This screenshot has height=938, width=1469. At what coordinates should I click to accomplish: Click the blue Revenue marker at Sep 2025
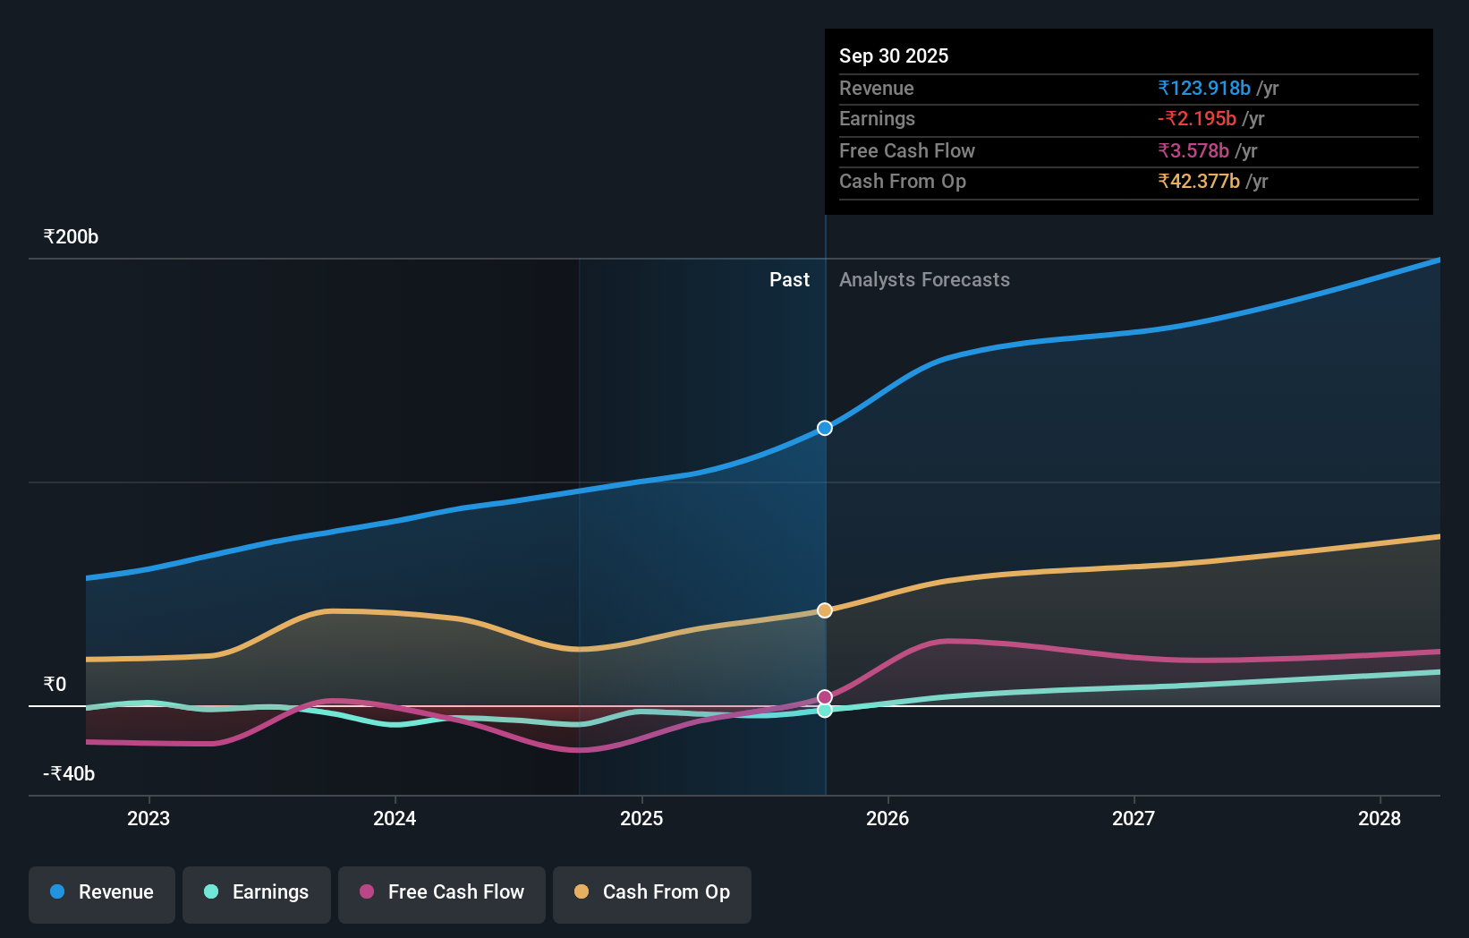point(825,428)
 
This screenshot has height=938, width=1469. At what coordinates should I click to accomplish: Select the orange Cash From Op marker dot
point(825,610)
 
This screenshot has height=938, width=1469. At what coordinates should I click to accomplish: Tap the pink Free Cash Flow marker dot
point(825,697)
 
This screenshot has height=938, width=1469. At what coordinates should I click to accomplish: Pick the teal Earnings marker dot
point(825,710)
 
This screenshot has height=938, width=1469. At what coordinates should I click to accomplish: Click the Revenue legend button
point(102,892)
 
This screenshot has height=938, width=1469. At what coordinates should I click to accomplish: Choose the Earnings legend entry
point(257,892)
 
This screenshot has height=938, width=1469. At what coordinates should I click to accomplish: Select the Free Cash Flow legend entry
point(442,892)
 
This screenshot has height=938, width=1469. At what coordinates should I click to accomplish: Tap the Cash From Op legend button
point(652,892)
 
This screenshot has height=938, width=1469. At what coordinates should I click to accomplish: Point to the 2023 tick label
point(149,818)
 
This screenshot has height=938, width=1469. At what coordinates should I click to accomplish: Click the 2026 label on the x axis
point(887,818)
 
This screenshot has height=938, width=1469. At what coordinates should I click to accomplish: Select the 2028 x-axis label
point(1380,818)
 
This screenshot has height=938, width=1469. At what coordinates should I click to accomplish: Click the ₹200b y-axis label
point(71,237)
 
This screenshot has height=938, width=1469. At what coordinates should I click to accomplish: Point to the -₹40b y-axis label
point(69,773)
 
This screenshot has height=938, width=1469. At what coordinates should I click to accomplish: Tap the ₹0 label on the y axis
point(55,685)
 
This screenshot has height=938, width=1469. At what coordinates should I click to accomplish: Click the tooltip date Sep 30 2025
point(894,55)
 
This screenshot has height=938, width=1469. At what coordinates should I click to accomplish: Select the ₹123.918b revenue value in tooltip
point(1204,88)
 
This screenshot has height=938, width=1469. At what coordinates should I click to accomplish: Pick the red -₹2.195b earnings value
point(1197,119)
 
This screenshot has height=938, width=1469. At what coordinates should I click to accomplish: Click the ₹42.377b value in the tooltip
point(1199,182)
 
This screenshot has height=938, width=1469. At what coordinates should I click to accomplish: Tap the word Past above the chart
point(789,280)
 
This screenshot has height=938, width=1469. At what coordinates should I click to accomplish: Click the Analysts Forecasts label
point(924,280)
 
